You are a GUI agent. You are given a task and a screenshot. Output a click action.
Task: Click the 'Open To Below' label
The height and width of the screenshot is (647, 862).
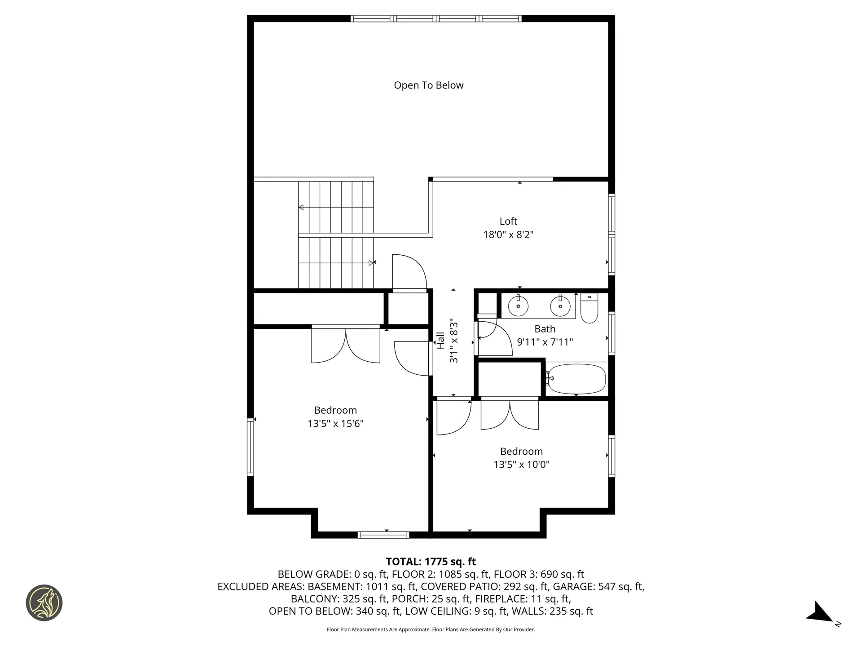click(x=428, y=85)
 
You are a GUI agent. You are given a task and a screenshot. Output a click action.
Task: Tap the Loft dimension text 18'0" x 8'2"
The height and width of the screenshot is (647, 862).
click(x=508, y=235)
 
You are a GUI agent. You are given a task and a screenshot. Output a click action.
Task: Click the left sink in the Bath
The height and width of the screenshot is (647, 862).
click(x=518, y=306)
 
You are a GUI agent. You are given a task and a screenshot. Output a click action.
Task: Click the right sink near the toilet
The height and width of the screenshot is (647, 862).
click(x=560, y=306)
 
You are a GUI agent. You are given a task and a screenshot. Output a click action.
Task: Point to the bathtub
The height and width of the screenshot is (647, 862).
click(x=577, y=379)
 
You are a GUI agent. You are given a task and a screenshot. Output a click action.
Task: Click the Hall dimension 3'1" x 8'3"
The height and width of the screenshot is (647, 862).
click(x=454, y=340)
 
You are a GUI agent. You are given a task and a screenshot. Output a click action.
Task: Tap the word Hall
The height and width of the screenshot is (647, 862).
click(x=441, y=340)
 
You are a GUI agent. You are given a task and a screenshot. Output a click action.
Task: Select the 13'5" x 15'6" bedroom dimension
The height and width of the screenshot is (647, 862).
click(x=335, y=423)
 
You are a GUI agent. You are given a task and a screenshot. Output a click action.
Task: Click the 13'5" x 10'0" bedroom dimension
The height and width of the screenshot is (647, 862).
click(x=521, y=465)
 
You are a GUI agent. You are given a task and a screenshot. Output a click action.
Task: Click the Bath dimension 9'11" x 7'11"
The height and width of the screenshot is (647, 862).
click(x=545, y=342)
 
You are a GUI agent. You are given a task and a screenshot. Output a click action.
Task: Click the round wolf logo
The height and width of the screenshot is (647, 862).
click(x=44, y=603)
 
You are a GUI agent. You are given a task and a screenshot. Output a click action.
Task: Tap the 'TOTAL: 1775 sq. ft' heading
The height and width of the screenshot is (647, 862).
click(x=431, y=562)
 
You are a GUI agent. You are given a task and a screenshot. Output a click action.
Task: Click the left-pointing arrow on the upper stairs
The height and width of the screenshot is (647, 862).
click(x=301, y=207)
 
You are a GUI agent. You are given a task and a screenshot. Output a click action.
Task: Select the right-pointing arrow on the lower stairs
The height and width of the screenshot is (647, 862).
click(x=371, y=262)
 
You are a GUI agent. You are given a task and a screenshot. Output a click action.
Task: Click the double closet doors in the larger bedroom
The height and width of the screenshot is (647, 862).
click(x=346, y=345)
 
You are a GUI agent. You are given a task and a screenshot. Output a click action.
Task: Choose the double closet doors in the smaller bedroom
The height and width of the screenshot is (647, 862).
click(x=510, y=414)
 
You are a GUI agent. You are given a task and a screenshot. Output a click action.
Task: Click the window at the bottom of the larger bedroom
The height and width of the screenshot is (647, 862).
click(x=383, y=535)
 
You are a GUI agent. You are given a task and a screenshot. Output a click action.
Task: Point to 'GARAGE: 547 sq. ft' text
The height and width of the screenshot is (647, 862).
click(x=598, y=586)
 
